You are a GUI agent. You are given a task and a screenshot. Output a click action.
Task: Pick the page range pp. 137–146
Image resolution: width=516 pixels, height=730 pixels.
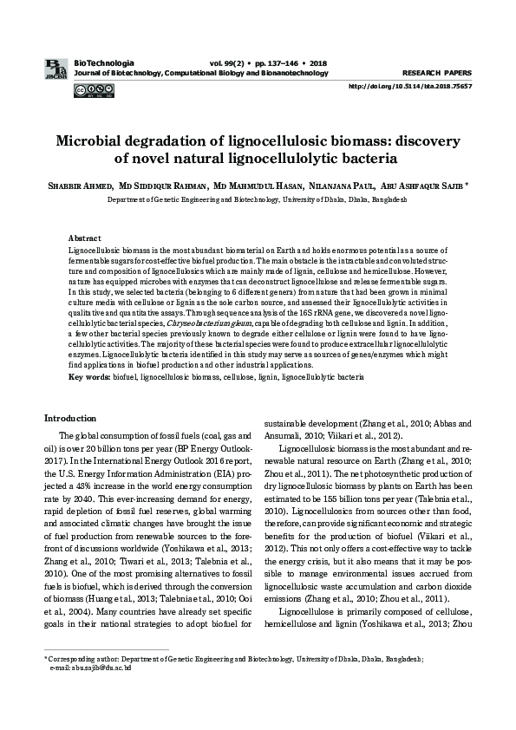274,63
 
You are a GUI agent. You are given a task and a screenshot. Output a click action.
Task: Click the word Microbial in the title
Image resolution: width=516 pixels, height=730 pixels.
95,140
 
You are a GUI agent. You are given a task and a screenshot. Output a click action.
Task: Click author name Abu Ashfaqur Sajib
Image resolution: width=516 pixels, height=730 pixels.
431,186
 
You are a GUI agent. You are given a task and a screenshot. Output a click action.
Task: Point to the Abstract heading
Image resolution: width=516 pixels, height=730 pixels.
84,238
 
